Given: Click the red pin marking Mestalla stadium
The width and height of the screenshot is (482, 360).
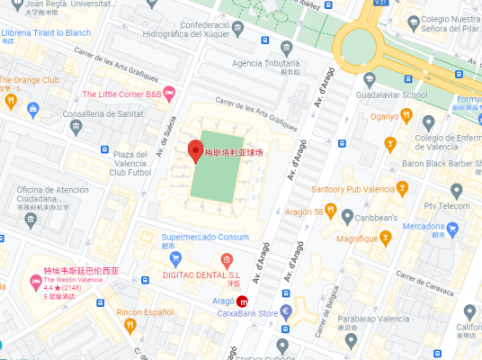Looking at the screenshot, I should click(195, 151).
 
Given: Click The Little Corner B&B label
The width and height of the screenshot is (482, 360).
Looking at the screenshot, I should click(121, 94).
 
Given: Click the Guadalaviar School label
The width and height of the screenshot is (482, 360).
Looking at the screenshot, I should click(389, 94).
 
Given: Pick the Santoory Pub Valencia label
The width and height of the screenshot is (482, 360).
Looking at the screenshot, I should click(353, 189).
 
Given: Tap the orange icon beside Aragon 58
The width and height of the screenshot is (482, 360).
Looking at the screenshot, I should click(331, 211).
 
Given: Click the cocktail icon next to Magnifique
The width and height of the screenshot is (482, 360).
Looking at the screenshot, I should click(387, 238).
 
